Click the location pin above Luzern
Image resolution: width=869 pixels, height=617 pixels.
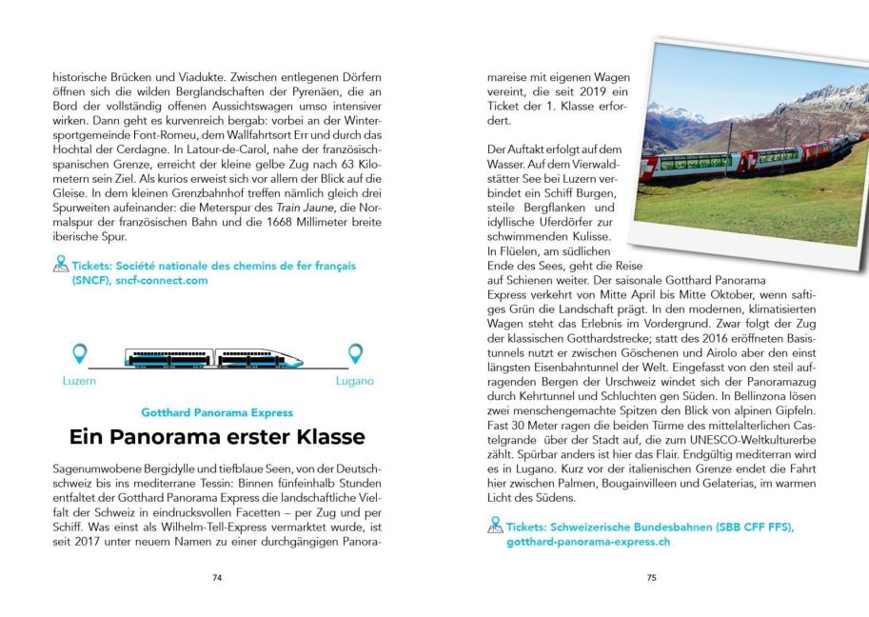(x=81, y=354)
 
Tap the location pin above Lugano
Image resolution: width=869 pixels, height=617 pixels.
(x=355, y=354)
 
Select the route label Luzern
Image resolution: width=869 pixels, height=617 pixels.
(x=78, y=381)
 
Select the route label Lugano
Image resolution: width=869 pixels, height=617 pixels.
(x=354, y=381)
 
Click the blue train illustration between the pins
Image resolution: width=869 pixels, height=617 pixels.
(x=215, y=358)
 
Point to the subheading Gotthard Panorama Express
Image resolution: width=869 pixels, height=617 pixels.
(x=217, y=412)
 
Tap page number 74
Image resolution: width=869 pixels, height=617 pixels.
(x=217, y=577)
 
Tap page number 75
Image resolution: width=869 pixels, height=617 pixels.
(x=651, y=577)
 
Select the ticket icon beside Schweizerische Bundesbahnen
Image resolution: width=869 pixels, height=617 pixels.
(x=495, y=526)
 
